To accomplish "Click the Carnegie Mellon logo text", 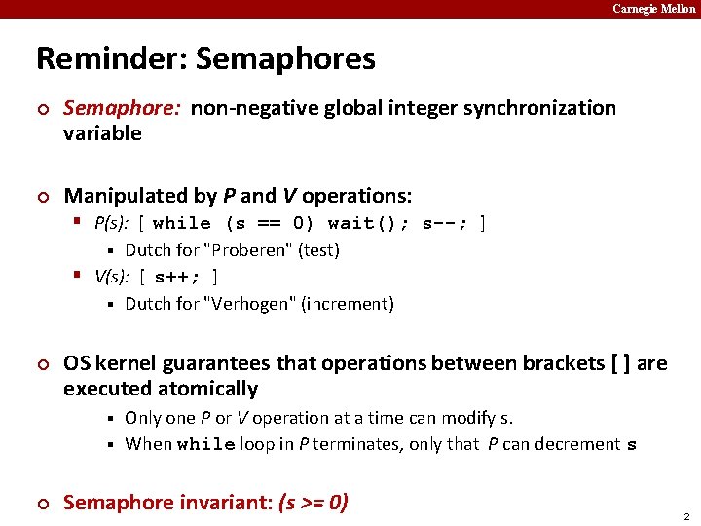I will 654,9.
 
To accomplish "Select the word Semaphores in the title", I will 285,58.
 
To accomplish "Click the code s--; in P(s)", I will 445,223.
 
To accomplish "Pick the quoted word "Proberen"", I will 251,250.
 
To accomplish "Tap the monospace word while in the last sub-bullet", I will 206,445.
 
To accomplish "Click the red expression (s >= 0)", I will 314,503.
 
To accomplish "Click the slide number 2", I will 686,515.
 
